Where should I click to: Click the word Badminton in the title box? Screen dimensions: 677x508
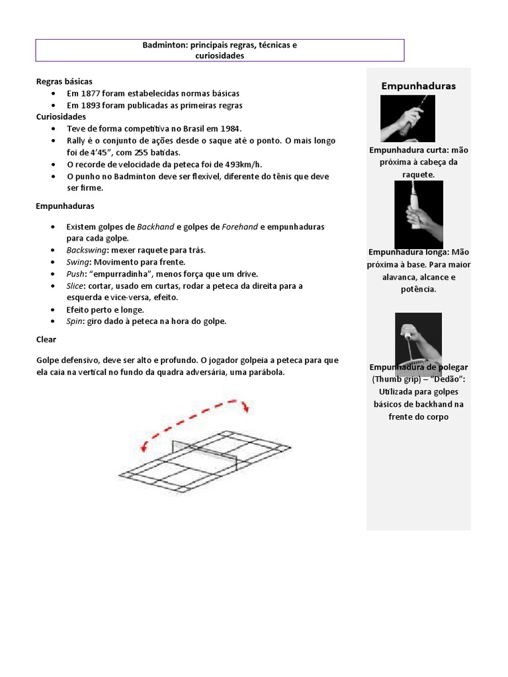(164, 45)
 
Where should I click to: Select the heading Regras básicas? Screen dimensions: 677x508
(64, 81)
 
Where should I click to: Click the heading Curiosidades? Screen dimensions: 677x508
(61, 116)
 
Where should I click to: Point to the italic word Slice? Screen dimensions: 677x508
(76, 286)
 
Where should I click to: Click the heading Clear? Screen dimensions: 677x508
(46, 339)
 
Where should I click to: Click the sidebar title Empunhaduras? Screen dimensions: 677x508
(418, 86)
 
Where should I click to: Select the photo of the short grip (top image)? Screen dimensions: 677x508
(407, 118)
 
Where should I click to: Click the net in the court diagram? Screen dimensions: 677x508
(205, 453)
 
